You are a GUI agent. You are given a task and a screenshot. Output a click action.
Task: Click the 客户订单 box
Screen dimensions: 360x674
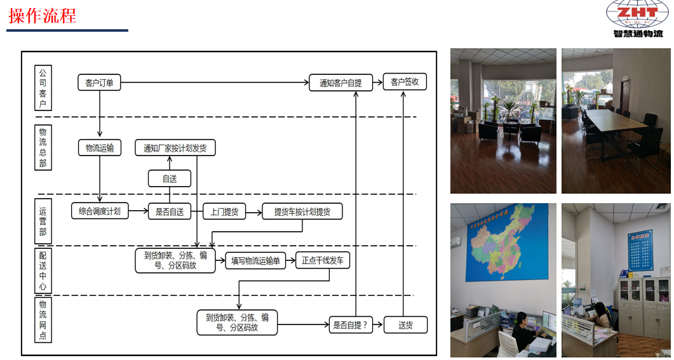coord(99,82)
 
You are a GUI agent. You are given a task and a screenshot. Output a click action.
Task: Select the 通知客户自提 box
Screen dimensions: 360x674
coord(340,83)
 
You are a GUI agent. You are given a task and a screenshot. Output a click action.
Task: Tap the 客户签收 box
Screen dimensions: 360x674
coord(405,82)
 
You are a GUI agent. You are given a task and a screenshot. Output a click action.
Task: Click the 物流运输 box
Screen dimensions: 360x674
coord(100,148)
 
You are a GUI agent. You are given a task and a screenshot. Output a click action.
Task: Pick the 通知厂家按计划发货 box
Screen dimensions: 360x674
coord(175,148)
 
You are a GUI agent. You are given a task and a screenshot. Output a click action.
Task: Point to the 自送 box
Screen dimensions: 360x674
coord(170,178)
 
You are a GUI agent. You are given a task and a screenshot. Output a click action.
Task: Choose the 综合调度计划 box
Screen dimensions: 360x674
coord(100,211)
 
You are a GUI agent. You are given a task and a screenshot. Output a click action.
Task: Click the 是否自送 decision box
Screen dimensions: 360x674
coord(170,211)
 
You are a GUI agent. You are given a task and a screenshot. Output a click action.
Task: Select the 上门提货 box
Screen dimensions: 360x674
coord(224,212)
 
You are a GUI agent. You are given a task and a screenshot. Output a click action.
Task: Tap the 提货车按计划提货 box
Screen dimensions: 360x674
coord(302,212)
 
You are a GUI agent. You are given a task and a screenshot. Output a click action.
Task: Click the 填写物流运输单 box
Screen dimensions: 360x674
coord(255,260)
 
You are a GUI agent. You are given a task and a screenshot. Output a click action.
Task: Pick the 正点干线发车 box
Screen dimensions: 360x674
coord(323,260)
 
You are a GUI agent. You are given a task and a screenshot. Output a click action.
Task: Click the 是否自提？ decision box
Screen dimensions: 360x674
coord(351,325)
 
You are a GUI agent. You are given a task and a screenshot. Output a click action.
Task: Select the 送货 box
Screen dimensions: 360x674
coord(405,325)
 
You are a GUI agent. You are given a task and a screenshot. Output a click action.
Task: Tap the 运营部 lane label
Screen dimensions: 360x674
coord(43,221)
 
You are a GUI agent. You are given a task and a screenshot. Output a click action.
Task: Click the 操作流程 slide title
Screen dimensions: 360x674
coord(43,16)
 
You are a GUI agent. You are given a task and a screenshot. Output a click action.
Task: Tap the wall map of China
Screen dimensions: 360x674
coord(506,242)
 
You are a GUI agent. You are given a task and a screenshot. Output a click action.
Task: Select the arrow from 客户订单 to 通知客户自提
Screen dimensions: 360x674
coord(216,83)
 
